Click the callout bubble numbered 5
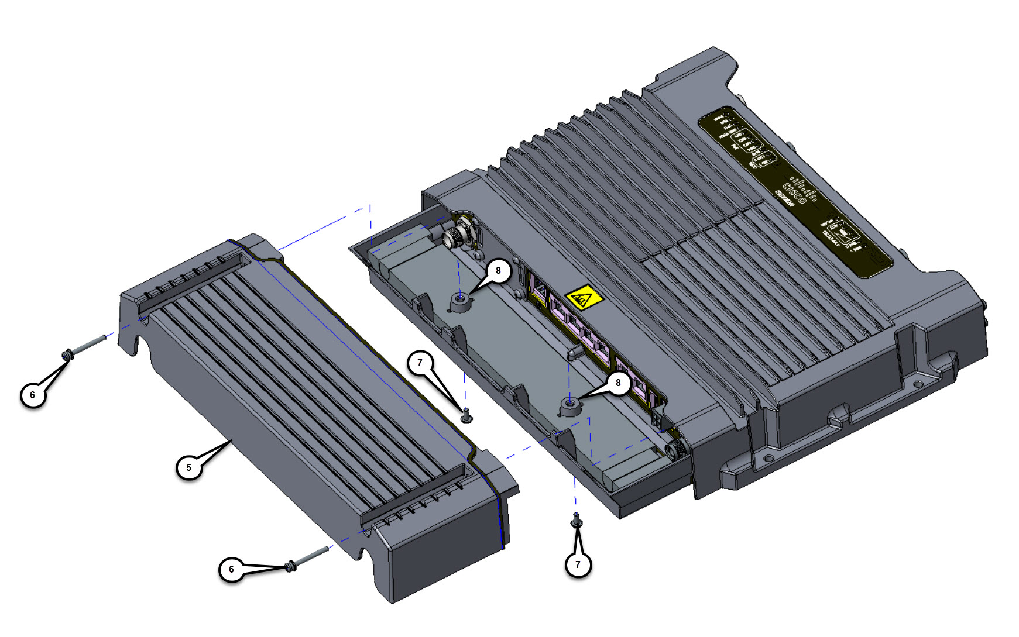click(x=188, y=467)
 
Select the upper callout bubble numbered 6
click(x=33, y=395)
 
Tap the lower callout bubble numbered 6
click(x=231, y=569)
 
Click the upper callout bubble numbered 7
click(x=420, y=363)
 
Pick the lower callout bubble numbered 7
click(x=578, y=564)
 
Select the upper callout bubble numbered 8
click(x=498, y=271)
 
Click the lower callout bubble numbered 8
click(x=618, y=383)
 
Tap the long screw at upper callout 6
click(x=85, y=346)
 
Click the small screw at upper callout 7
click(x=466, y=416)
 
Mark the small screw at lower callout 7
click(x=577, y=519)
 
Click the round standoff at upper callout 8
click(x=461, y=302)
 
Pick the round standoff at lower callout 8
click(x=569, y=405)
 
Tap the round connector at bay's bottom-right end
click(x=676, y=450)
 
